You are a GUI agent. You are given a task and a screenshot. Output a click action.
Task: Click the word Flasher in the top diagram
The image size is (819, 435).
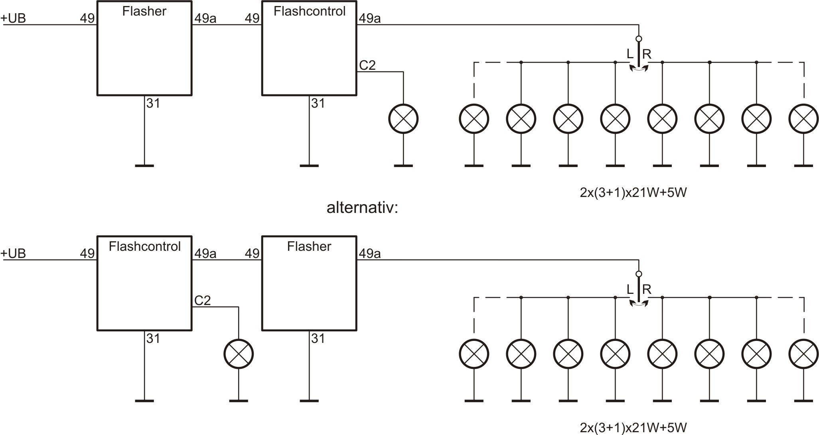[144, 11]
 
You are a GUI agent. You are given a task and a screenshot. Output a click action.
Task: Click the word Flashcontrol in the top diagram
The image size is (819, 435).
[309, 11]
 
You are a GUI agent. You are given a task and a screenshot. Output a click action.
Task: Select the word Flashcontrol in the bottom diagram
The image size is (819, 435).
[144, 246]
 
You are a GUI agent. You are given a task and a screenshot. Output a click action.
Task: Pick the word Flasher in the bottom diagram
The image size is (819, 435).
[309, 246]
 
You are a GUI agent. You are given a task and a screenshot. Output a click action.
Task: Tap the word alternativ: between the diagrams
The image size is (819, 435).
[362, 208]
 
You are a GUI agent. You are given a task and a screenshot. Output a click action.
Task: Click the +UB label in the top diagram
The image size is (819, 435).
[14, 18]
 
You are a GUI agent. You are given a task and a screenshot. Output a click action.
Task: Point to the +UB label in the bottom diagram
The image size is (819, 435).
[14, 254]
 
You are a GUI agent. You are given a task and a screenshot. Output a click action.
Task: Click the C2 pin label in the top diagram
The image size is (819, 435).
[367, 65]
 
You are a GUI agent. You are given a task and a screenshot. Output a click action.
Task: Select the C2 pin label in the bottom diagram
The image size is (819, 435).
[203, 301]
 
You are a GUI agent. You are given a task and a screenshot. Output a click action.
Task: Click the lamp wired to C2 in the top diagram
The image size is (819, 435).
[403, 119]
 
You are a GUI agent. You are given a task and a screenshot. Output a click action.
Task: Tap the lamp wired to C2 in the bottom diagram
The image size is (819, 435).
[239, 354]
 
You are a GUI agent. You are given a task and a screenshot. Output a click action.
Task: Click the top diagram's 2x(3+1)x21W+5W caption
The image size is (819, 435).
[633, 193]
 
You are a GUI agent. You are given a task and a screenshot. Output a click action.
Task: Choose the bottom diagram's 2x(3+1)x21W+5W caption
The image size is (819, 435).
[633, 428]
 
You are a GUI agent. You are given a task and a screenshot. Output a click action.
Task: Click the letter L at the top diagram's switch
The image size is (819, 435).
[630, 54]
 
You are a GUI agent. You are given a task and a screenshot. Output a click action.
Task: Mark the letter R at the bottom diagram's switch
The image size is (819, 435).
[647, 289]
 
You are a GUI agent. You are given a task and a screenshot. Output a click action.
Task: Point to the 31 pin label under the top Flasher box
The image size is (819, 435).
[153, 104]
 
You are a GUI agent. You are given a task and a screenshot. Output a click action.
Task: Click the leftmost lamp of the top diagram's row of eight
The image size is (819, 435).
[474, 119]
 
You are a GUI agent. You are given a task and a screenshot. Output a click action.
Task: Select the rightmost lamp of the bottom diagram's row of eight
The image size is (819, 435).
[803, 354]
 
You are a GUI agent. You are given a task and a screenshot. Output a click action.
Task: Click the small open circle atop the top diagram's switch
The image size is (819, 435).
[639, 39]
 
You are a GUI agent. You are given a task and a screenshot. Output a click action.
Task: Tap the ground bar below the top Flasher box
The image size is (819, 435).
[144, 165]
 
